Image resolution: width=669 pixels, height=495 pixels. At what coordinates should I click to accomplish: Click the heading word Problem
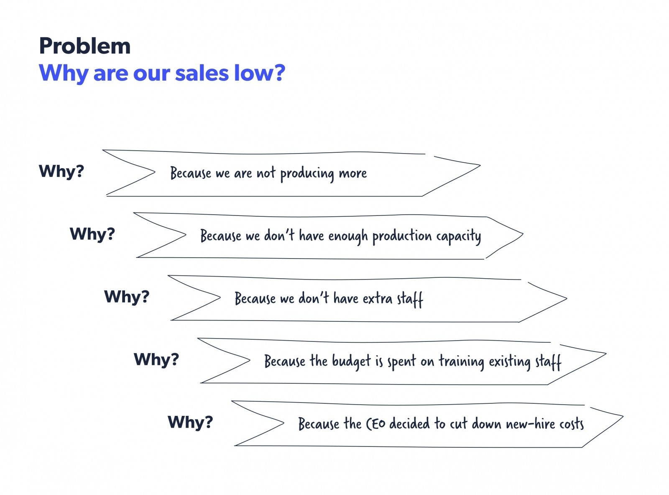85,46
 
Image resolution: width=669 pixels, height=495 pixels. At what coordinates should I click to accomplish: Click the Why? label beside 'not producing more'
61,172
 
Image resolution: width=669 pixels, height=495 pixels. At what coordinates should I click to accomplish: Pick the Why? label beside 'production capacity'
92,234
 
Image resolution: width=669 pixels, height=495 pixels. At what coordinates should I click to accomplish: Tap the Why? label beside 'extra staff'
127,297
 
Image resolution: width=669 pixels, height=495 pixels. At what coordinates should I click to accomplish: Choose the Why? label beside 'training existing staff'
156,359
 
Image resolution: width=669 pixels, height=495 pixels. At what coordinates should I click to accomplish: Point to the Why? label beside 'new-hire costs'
190,422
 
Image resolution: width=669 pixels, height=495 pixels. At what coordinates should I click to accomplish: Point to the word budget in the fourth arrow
351,361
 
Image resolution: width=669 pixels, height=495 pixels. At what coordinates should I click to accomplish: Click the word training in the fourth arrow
462,362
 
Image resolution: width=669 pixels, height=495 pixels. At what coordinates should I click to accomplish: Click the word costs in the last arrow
572,424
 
